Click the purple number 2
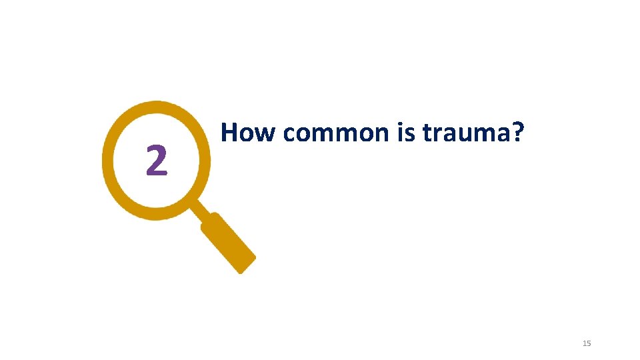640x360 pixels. click(156, 161)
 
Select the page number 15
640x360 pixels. click(587, 343)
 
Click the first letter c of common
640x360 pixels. click(289, 135)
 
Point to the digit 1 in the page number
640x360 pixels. click(584, 343)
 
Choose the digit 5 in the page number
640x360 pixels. click(589, 343)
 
